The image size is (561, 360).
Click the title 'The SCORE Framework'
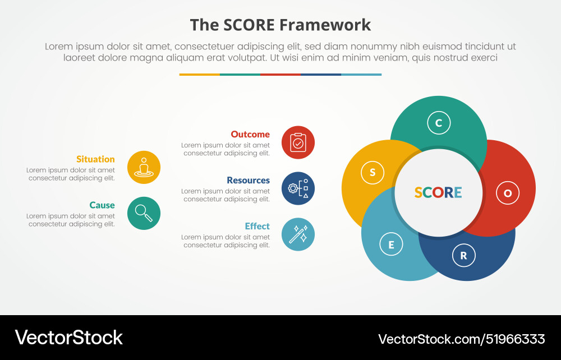coord(280,25)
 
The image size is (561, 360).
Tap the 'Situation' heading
coord(95,159)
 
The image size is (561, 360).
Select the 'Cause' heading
coord(102,205)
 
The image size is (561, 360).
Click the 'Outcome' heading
coord(250,135)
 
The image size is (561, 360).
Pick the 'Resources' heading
coord(248,181)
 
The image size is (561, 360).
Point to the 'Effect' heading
coord(257,227)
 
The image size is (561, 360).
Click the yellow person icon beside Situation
coord(144,168)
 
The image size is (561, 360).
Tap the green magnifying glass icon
coord(144,213)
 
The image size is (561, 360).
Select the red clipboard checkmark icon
coord(298,142)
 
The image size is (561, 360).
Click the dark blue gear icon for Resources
coord(298,188)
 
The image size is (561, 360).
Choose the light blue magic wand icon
coord(298,234)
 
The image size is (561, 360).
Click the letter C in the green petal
coord(439,123)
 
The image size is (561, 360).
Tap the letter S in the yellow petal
coord(373,173)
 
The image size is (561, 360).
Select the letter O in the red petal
coord(508,193)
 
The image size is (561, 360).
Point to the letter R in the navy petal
coord(463,256)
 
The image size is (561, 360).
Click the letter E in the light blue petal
coord(391,244)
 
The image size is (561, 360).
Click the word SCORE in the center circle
coord(438,193)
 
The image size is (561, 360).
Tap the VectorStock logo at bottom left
coord(68,338)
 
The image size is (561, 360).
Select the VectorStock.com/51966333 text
coord(461,339)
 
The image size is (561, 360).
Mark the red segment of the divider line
coord(280,75)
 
